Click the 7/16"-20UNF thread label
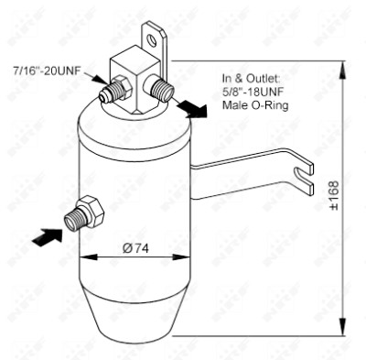pos(47,71)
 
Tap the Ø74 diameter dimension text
pos(135,248)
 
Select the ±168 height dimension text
pos(334,195)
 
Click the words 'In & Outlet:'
pos(251,79)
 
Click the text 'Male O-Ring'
pos(255,105)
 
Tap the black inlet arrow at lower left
pos(47,236)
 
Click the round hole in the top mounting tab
pos(151,39)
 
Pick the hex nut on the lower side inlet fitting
pos(91,211)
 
